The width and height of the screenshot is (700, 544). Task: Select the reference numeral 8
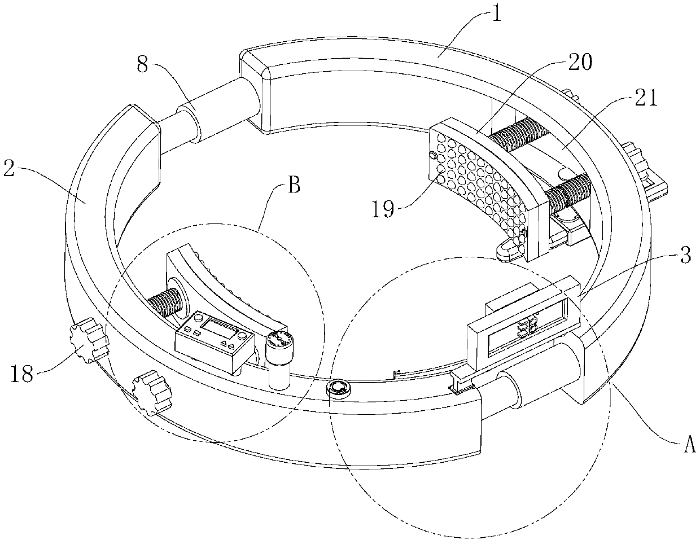click(x=143, y=65)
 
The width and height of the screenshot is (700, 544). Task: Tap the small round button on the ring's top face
click(x=339, y=388)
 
